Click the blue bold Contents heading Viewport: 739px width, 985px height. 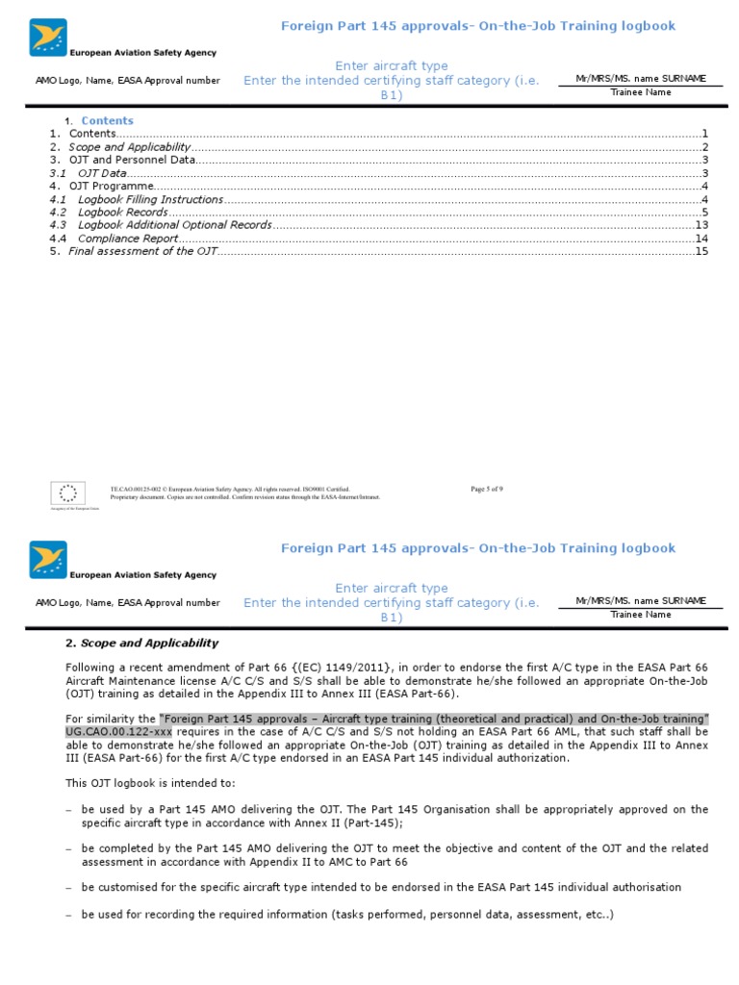click(x=107, y=120)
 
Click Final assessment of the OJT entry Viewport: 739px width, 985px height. click(x=143, y=251)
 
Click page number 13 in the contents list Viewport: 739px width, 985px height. click(x=701, y=225)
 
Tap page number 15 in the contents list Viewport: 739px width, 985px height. click(x=701, y=251)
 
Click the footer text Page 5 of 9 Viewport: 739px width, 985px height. click(x=487, y=489)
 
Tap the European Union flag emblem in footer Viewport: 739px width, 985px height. click(x=68, y=493)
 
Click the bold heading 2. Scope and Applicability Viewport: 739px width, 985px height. click(x=141, y=643)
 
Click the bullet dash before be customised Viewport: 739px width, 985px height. click(x=68, y=887)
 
